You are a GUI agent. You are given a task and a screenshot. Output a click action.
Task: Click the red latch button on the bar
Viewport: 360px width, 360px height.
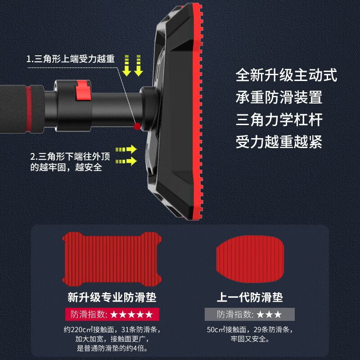click(x=82, y=91)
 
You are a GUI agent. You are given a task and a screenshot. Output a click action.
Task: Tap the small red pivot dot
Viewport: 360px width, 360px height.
click(x=137, y=126)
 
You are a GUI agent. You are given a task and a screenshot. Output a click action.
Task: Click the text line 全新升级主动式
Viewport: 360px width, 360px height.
click(x=286, y=75)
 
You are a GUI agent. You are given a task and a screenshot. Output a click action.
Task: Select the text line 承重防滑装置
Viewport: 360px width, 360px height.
click(x=279, y=97)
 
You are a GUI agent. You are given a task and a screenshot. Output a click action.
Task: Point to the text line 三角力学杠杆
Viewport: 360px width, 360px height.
click(x=279, y=120)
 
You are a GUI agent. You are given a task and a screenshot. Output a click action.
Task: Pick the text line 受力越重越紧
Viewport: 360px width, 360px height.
click(x=279, y=142)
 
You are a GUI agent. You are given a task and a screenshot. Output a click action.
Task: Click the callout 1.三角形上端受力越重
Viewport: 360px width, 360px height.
click(x=70, y=59)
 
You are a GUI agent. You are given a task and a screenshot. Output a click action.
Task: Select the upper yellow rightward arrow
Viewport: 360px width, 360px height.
click(x=126, y=149)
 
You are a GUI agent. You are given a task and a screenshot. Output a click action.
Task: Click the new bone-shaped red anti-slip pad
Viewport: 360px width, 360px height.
click(x=112, y=259)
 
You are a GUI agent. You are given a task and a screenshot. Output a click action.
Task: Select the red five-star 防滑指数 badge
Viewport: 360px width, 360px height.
click(x=112, y=314)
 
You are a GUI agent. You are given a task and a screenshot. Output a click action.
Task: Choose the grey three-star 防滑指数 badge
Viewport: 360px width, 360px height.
click(x=250, y=314)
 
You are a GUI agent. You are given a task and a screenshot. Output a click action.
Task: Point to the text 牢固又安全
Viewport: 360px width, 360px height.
click(x=250, y=339)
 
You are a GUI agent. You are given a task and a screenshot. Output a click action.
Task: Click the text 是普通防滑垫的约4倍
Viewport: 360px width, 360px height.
click(x=112, y=348)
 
